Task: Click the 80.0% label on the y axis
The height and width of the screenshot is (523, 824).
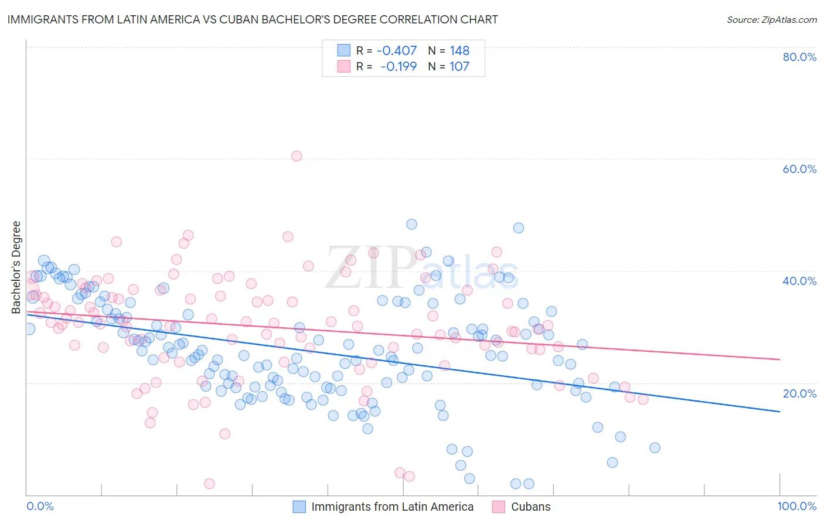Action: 799,57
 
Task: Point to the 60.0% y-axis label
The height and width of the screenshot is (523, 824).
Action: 799,169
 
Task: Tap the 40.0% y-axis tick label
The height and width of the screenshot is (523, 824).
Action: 799,281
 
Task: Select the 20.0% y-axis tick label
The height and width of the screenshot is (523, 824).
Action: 799,393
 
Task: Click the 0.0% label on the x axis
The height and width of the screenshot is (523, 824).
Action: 40,506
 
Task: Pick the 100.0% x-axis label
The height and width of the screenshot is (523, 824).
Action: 796,506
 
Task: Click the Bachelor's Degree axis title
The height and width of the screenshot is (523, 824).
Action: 16,267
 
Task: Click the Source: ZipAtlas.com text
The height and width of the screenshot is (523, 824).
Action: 771,19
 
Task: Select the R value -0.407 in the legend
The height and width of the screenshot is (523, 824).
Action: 397,51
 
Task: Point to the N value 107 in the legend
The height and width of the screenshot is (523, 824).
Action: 459,66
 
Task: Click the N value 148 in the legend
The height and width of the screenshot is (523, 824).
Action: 459,51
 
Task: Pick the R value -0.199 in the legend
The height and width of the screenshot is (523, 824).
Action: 399,66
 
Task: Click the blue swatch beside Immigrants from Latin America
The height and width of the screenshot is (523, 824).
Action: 299,507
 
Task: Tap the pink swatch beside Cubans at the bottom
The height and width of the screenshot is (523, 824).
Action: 499,507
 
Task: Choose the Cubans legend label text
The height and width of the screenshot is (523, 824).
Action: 531,507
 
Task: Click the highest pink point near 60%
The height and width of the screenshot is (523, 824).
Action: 297,156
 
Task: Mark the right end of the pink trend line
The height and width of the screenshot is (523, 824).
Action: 779,359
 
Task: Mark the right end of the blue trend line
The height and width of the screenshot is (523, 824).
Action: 779,412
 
